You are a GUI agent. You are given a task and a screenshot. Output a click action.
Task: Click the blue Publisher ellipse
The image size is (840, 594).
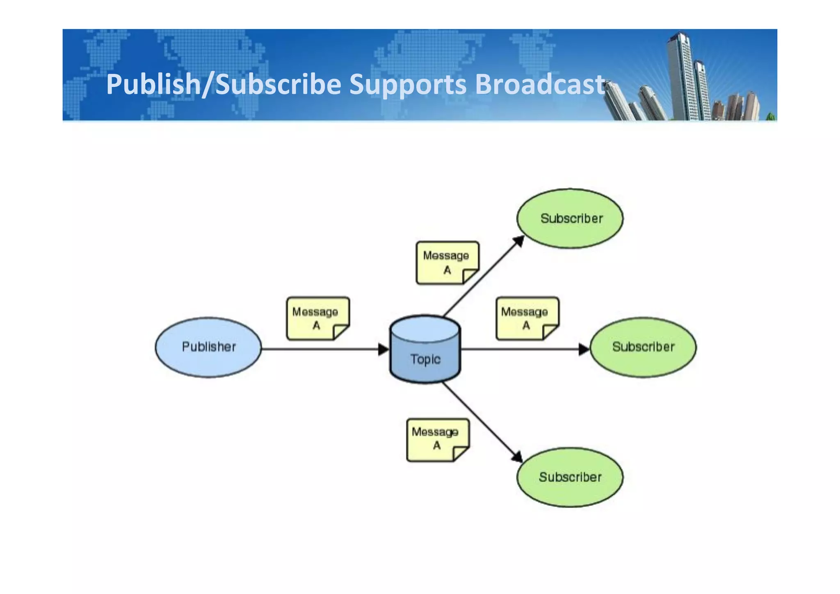(x=208, y=347)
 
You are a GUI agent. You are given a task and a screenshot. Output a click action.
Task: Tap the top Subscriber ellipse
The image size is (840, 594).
(x=570, y=218)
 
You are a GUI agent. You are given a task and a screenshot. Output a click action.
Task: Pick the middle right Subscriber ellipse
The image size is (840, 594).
(x=643, y=347)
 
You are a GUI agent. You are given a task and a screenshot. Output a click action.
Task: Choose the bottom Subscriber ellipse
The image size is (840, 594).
(x=570, y=477)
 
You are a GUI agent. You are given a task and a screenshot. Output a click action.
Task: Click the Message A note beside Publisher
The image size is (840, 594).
(x=317, y=318)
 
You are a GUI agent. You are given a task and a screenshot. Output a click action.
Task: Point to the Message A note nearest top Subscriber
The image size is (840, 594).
(x=447, y=263)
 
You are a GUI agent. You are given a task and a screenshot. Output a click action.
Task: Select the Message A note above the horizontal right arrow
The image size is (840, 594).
(x=527, y=318)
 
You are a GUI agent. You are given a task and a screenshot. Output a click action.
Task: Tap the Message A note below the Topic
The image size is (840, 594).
(x=437, y=439)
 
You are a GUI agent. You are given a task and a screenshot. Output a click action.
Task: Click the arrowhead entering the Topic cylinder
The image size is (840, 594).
(x=383, y=350)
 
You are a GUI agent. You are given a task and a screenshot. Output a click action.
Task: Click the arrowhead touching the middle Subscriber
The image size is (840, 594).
(x=584, y=350)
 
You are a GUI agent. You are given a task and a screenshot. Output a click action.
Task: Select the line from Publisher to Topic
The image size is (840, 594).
(x=320, y=350)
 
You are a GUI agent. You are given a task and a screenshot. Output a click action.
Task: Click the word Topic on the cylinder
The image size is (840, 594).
(x=425, y=359)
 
